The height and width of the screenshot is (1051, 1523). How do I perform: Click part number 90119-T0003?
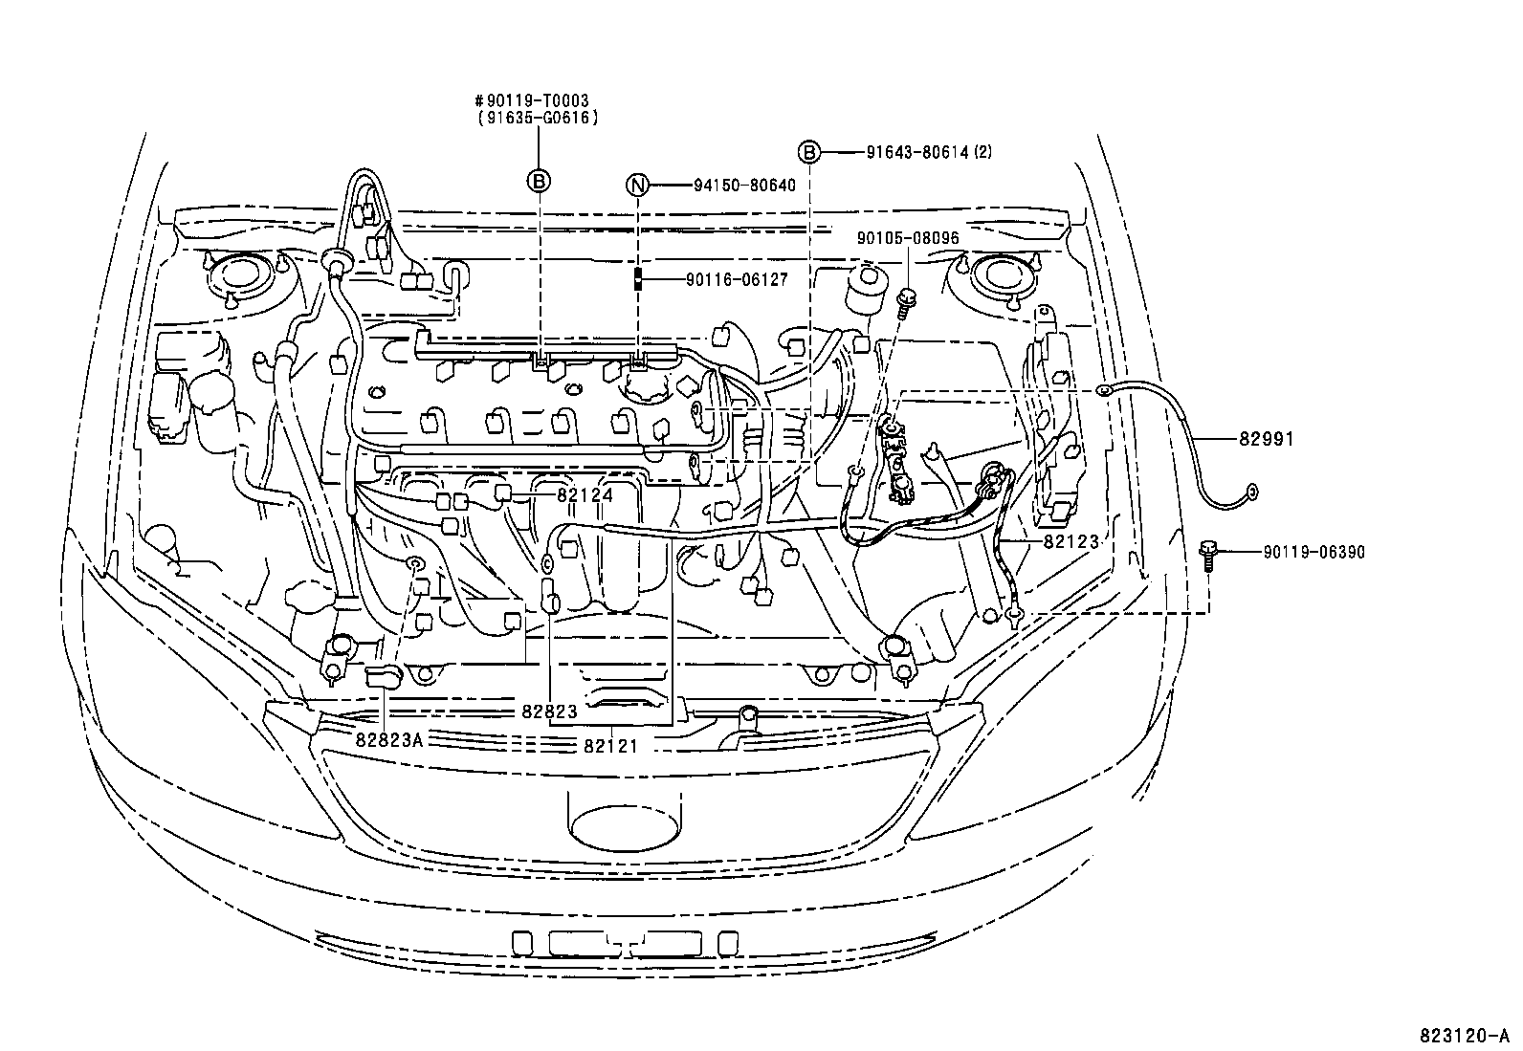(538, 101)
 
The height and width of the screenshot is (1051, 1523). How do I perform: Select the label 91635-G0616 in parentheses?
(538, 119)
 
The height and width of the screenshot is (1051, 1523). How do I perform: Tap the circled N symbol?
(637, 185)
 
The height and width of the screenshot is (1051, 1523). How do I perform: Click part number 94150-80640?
(744, 185)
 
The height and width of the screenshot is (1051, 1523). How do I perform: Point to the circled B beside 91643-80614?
(809, 152)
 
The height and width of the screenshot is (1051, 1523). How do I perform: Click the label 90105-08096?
(908, 238)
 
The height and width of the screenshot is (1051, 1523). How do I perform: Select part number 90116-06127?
(737, 279)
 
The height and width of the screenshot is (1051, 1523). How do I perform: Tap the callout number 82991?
(1266, 439)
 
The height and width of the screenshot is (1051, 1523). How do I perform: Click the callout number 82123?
(1071, 542)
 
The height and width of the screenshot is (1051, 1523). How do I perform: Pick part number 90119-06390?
(1314, 553)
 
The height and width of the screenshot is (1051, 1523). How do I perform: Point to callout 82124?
(585, 495)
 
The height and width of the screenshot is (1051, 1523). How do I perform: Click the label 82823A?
(389, 739)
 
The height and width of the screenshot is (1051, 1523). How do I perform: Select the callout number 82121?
(611, 747)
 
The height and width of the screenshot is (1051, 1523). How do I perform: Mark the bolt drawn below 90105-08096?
(905, 302)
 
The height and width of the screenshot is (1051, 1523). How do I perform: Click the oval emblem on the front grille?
(624, 827)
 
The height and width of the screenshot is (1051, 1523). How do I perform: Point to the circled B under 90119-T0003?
(539, 181)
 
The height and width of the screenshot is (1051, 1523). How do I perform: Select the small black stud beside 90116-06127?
(637, 278)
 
